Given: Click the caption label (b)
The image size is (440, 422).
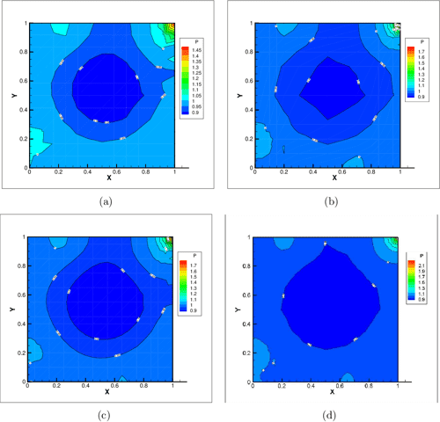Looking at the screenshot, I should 332,201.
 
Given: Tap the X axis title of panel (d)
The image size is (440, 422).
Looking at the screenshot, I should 333,392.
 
